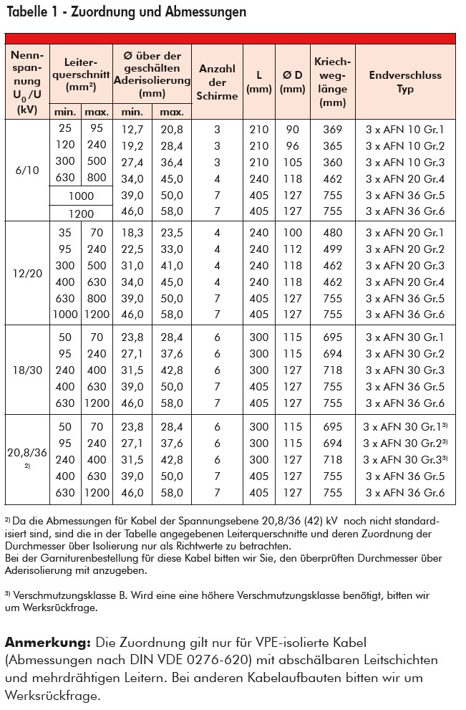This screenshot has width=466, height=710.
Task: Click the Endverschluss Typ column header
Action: pos(405,82)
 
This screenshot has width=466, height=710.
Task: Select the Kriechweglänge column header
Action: pos(333,82)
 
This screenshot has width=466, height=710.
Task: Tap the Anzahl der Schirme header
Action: pos(218,82)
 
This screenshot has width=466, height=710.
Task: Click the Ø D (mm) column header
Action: pos(292,82)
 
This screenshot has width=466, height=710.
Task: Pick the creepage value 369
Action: pos(333,130)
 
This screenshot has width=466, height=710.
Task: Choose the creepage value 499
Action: pos(333,249)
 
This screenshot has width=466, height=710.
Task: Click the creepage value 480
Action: pos(333,233)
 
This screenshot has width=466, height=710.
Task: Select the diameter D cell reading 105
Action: pos(292,162)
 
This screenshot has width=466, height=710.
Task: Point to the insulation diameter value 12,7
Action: pos(132,130)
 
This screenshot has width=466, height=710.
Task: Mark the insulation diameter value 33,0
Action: pos(172,249)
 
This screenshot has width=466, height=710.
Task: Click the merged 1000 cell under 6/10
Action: pos(81,195)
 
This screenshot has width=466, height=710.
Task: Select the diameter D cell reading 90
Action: pos(292,130)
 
